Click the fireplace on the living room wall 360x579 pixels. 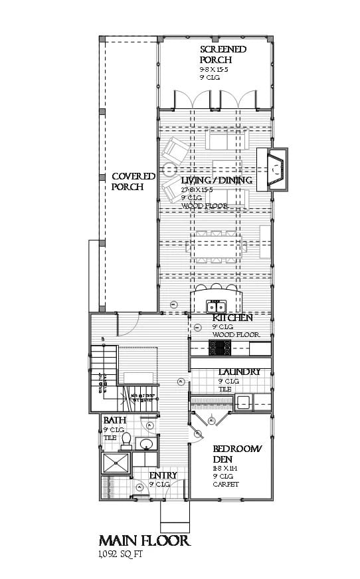(273, 167)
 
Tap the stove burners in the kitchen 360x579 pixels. (219, 348)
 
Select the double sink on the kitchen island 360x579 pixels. (217, 306)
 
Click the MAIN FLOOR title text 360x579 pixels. (144, 540)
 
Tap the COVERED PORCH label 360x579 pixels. (133, 181)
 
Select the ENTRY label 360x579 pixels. (163, 476)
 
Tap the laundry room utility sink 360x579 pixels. (244, 402)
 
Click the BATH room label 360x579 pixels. (111, 420)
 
